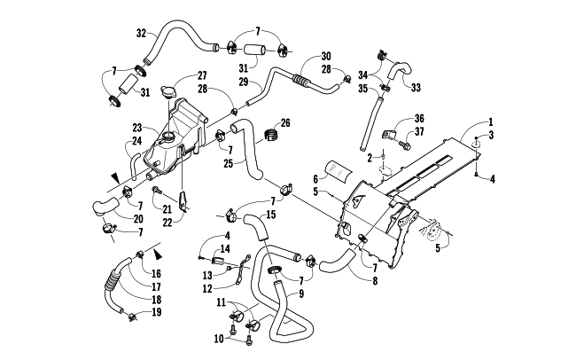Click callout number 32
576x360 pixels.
tap(141, 34)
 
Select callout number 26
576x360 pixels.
tap(285, 122)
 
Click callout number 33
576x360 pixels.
tap(415, 87)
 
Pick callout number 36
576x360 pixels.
tap(420, 119)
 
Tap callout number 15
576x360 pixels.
tap(271, 215)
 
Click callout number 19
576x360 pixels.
tap(156, 312)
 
